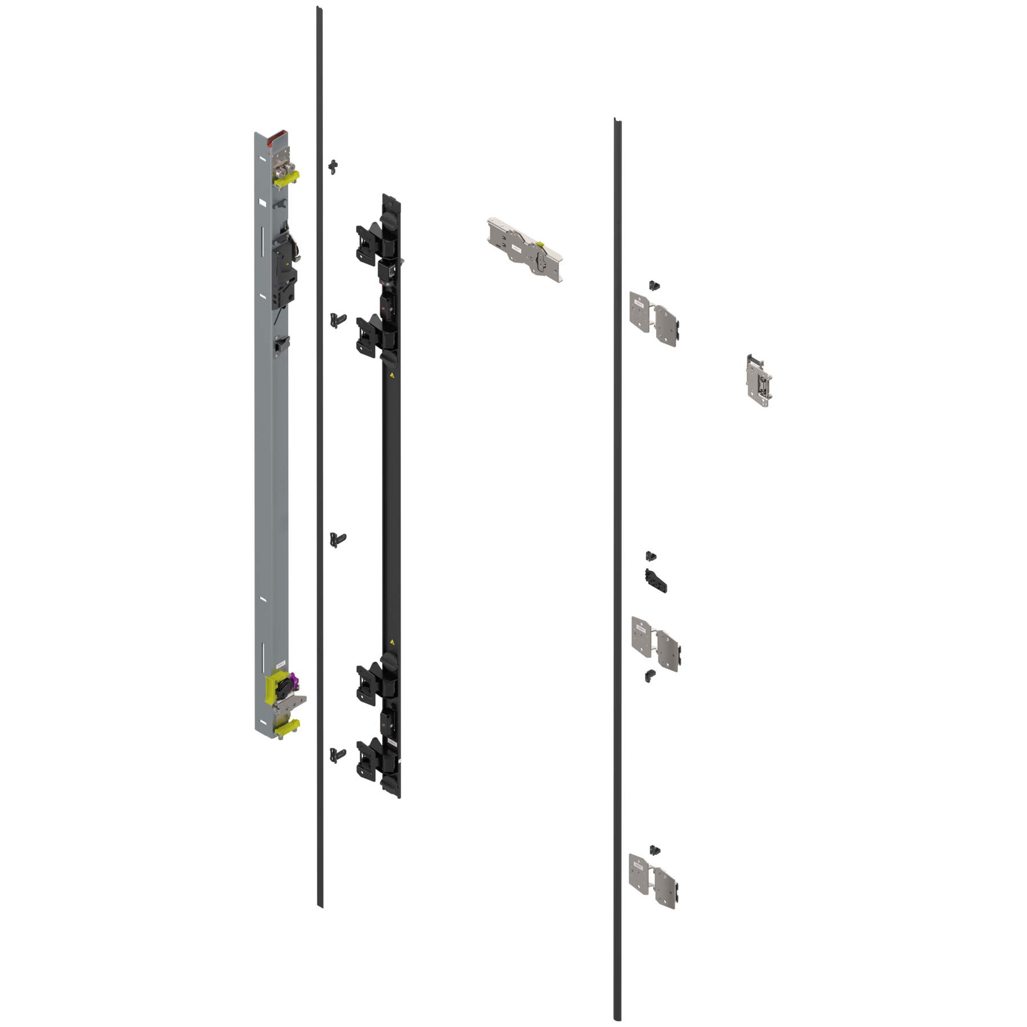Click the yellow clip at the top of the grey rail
[287, 179]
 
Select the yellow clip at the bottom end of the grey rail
[287, 726]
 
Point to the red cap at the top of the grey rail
[279, 136]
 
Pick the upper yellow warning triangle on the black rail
[392, 376]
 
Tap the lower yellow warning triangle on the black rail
[392, 641]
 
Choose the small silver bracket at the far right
[759, 379]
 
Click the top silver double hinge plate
[654, 318]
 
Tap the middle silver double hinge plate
[655, 643]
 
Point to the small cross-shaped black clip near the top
[333, 166]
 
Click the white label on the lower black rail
[393, 742]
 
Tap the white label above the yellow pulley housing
[280, 665]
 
